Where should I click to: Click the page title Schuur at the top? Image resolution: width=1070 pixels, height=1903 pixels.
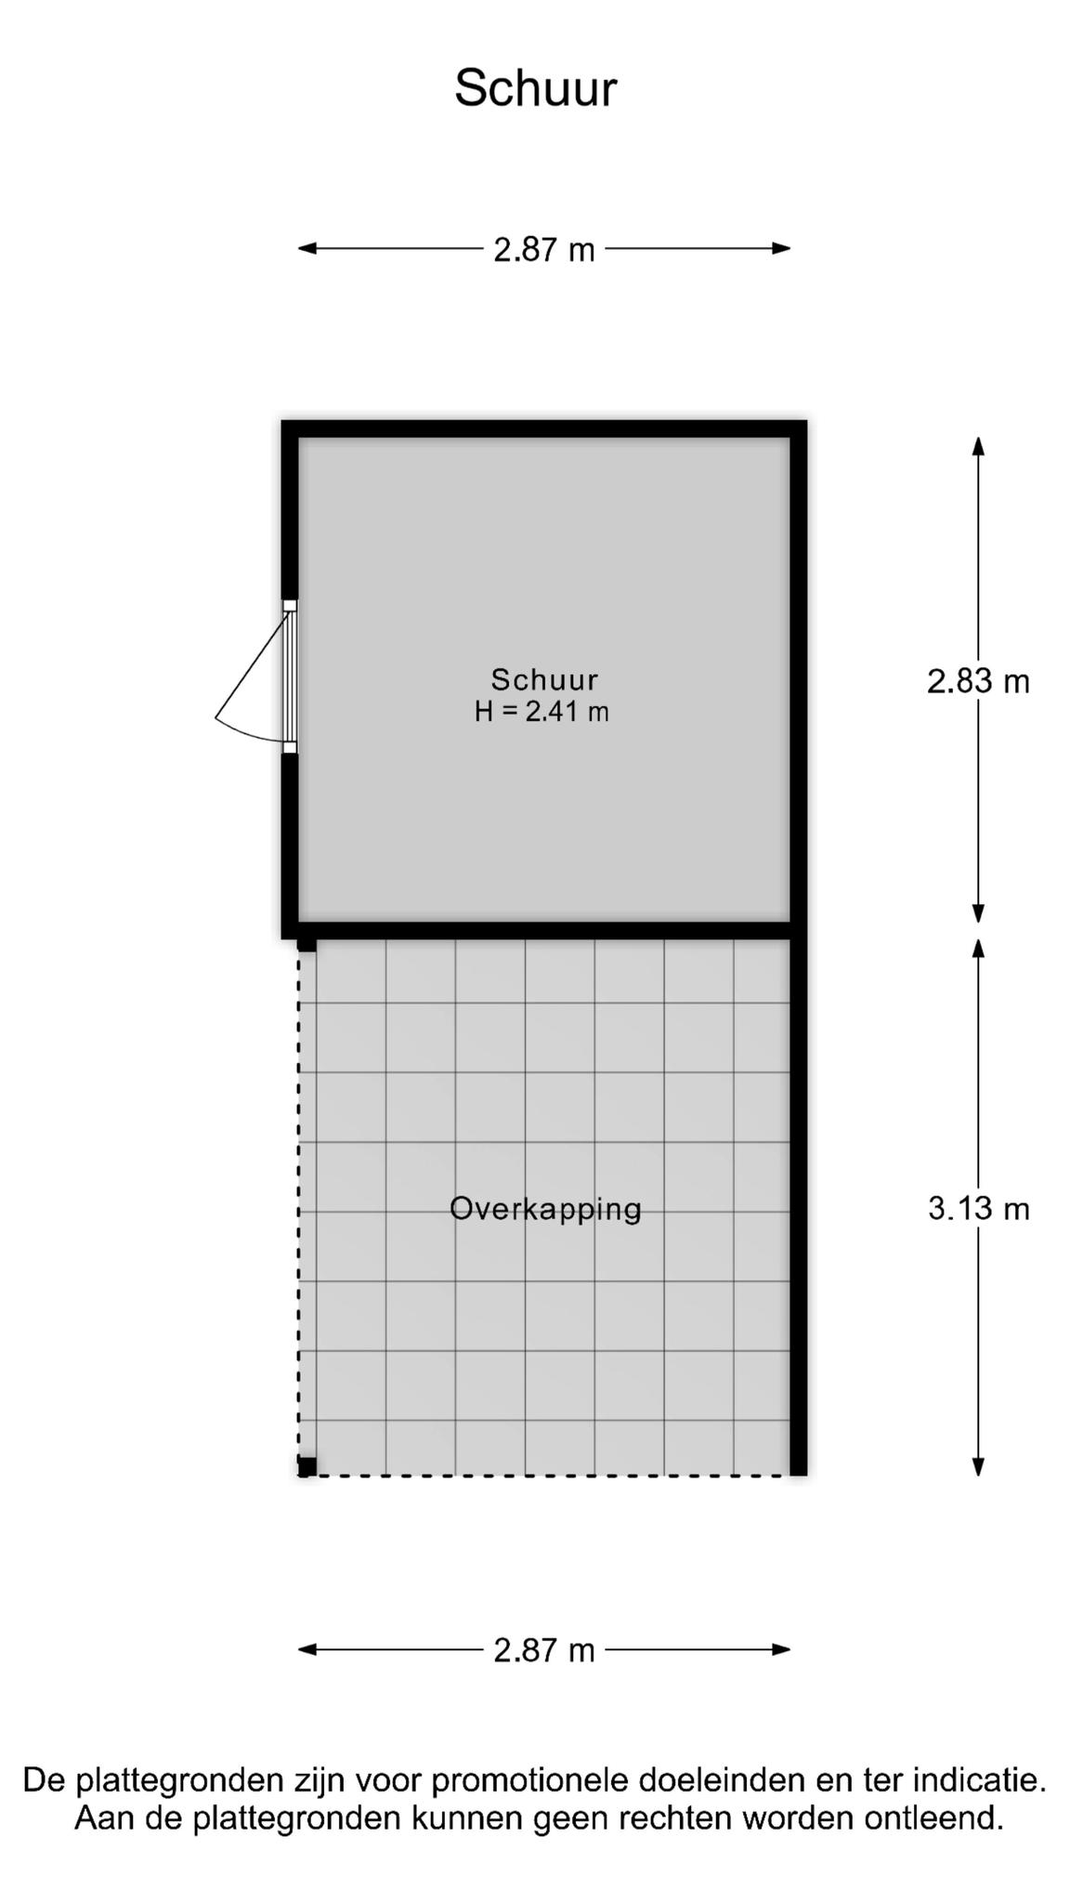click(535, 89)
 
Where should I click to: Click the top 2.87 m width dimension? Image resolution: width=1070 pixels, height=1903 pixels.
click(543, 249)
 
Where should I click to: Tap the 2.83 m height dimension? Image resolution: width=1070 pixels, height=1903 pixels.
click(978, 681)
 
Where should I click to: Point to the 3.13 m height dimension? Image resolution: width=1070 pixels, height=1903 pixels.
click(978, 1208)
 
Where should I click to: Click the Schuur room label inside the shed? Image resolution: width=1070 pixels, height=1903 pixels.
click(544, 679)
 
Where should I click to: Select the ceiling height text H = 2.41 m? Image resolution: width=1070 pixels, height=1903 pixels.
click(542, 712)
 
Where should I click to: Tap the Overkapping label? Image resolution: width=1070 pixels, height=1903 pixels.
click(545, 1209)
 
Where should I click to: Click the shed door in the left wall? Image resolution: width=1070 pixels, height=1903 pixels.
click(290, 676)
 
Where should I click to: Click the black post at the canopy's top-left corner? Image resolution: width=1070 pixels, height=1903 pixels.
click(307, 945)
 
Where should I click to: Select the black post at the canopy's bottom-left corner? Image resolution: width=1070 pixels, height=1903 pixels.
click(307, 1467)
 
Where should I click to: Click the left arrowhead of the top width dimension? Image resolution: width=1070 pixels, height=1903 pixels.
click(307, 248)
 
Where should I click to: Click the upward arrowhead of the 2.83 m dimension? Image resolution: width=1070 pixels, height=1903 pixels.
click(978, 446)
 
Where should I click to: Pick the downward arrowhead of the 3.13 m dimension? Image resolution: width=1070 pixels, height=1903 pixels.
click(978, 1466)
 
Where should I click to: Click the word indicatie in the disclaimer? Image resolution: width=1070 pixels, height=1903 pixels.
click(980, 1780)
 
